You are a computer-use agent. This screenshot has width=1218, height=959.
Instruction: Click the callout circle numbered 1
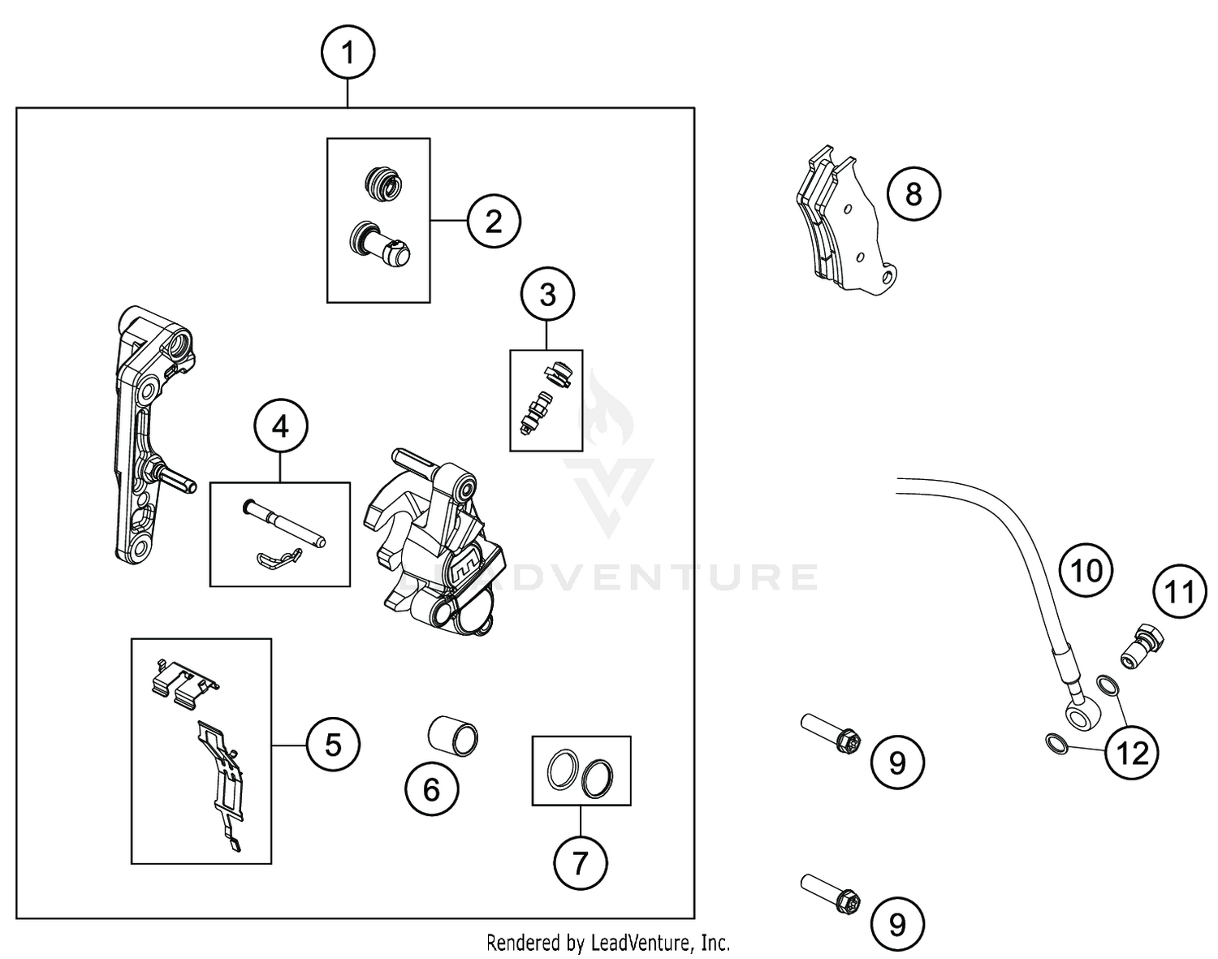click(348, 54)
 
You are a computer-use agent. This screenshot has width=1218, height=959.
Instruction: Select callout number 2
click(494, 221)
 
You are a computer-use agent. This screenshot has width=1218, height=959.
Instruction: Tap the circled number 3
click(547, 295)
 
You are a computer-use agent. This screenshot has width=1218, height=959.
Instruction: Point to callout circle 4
click(281, 426)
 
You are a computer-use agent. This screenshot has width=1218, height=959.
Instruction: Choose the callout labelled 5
click(333, 745)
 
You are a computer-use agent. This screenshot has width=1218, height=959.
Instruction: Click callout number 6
click(431, 788)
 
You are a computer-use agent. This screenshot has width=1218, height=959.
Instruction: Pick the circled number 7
click(580, 862)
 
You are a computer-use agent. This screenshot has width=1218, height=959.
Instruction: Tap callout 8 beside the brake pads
click(914, 194)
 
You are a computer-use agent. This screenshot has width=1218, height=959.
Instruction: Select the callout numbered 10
click(1086, 571)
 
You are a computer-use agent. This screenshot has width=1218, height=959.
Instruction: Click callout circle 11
click(1180, 592)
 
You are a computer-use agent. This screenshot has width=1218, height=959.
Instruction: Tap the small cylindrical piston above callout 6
click(453, 734)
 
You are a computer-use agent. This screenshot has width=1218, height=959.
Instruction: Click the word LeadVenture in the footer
click(637, 943)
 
